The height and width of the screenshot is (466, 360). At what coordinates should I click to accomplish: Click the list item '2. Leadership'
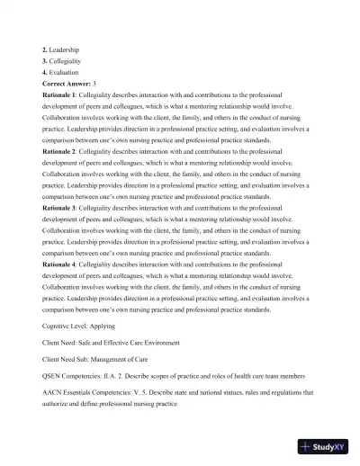coord(61,49)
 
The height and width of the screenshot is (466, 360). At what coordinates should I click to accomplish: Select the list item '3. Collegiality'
coord(63,60)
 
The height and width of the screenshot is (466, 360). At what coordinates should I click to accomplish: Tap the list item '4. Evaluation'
coord(61,72)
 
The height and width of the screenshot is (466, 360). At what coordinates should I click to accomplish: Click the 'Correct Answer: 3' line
coord(76,83)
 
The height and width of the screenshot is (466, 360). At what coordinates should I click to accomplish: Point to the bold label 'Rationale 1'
coord(59,94)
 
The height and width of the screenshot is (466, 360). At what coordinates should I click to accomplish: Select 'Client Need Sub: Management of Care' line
coord(103,360)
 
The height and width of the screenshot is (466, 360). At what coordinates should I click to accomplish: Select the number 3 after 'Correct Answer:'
coord(107,83)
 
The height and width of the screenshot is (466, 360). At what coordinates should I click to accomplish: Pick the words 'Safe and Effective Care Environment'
coord(148,343)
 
